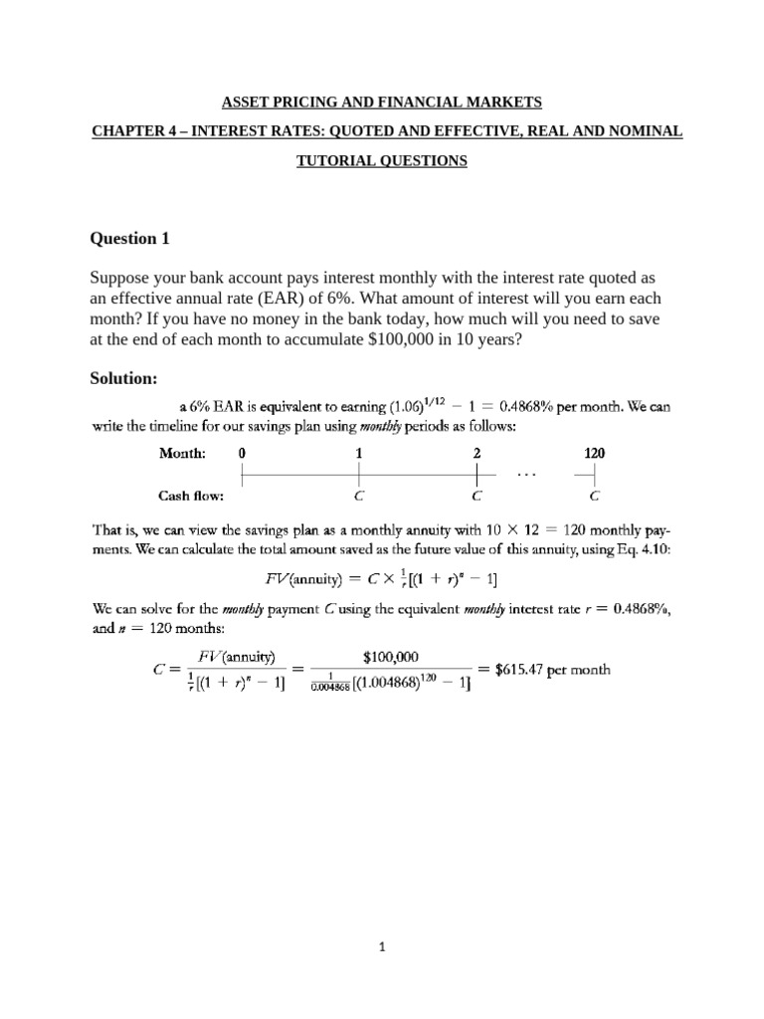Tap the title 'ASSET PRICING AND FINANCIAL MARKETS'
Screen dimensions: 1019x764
pos(381,102)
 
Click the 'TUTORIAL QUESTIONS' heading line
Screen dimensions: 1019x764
pos(381,161)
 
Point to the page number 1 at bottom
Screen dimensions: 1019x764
pos(382,948)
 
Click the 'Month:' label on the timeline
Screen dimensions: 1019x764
pos(183,453)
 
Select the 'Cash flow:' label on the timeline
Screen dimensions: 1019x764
pos(192,495)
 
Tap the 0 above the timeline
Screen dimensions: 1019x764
pos(242,453)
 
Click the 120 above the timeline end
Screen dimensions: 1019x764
pos(594,453)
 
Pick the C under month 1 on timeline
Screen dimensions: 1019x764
pos(359,495)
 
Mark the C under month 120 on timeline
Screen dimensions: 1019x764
pos(594,495)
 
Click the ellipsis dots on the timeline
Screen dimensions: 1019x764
pos(525,475)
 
